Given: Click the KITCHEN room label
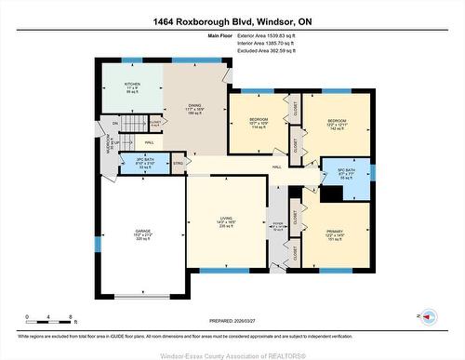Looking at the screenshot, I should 133,87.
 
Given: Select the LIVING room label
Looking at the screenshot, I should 226,222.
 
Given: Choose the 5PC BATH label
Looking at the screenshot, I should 345,173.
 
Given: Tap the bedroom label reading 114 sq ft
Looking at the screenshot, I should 259,124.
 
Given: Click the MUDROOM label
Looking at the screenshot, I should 109,147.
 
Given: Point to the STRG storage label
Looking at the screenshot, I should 179,164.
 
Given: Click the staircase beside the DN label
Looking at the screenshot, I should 137,125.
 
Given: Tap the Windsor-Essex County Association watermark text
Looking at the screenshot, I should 232,353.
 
